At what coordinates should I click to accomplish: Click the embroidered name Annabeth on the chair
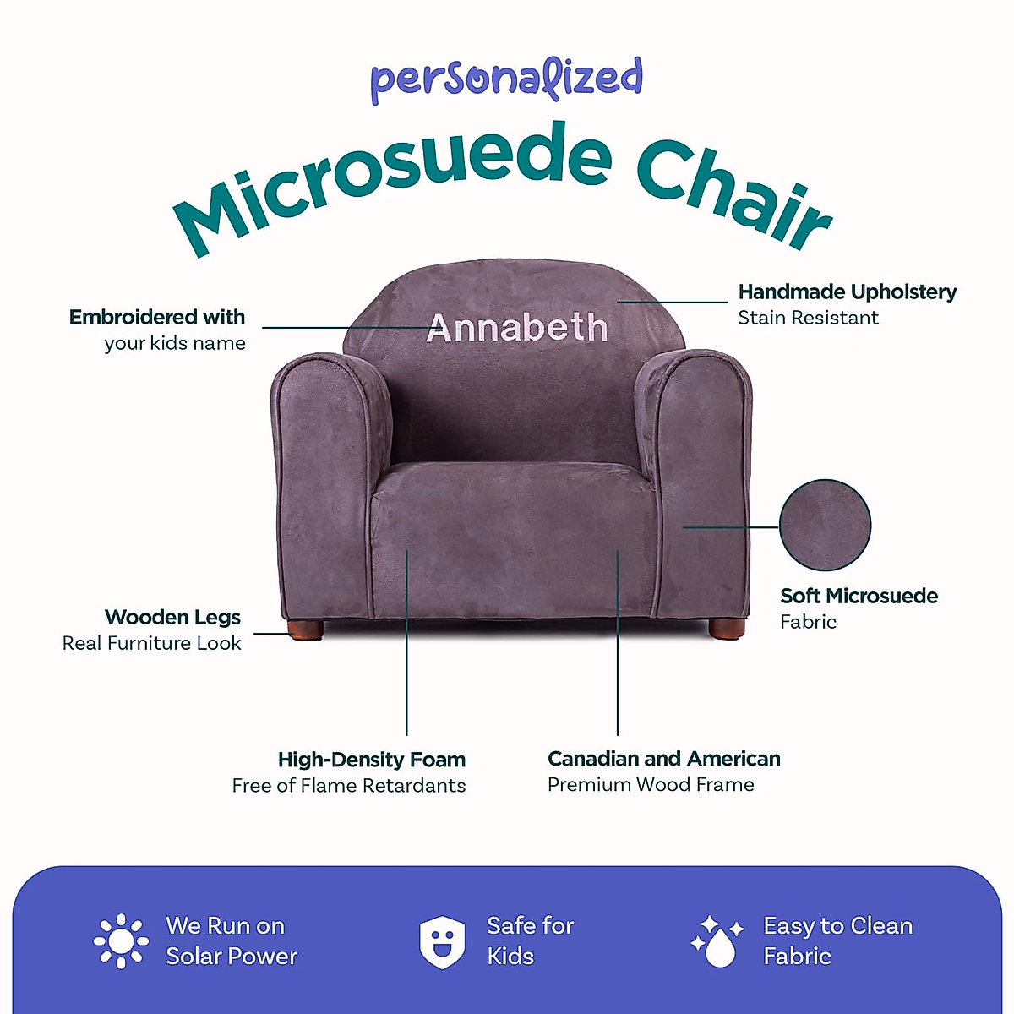(x=517, y=328)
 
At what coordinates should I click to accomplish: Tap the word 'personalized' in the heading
(x=507, y=79)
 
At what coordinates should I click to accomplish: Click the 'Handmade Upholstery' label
(x=848, y=292)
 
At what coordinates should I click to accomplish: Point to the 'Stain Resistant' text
(x=808, y=318)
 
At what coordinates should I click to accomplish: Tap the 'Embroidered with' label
(x=157, y=318)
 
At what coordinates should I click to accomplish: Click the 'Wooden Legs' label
(x=172, y=618)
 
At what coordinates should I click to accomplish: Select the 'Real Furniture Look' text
(x=152, y=643)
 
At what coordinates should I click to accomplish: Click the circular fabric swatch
(x=825, y=525)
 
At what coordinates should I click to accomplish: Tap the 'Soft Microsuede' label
(x=859, y=597)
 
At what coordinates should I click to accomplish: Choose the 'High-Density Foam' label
(x=372, y=760)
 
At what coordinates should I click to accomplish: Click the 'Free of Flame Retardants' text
(x=349, y=786)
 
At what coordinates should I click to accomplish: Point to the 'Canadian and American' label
(x=664, y=759)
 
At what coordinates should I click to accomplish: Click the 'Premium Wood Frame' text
(x=651, y=785)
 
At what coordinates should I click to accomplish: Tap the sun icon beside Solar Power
(x=122, y=940)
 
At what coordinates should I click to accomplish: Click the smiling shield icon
(x=442, y=941)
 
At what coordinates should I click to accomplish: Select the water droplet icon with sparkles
(x=717, y=940)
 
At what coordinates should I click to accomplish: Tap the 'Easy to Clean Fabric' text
(x=838, y=940)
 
